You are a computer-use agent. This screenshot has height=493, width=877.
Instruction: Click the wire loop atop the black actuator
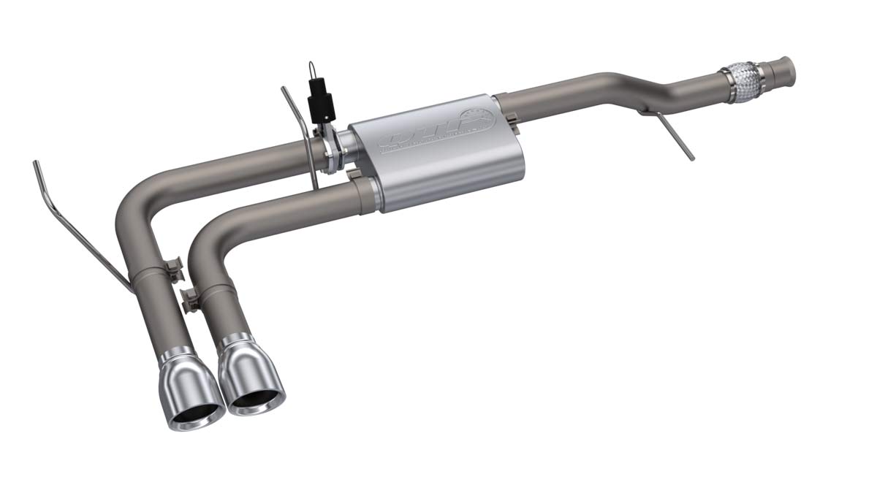tap(312, 69)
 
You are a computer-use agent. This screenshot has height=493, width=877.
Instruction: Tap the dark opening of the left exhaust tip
tap(197, 416)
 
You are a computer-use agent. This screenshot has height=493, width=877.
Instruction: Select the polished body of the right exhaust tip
tap(245, 362)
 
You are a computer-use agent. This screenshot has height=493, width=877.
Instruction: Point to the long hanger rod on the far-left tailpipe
tap(80, 226)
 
